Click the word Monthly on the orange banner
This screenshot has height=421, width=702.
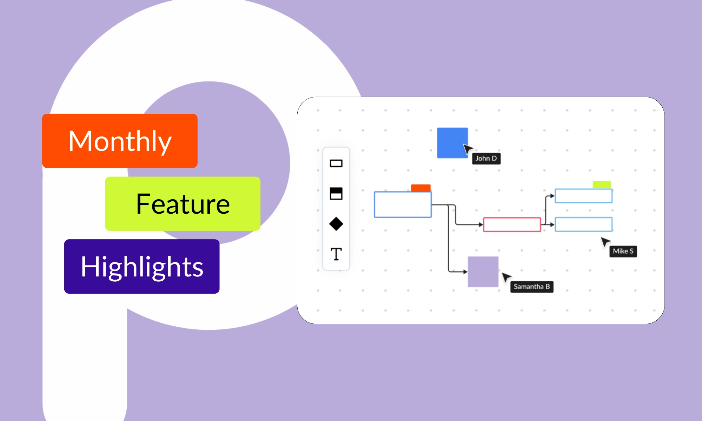120,141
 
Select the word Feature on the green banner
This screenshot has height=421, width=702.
183,204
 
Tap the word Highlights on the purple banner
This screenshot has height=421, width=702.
142,267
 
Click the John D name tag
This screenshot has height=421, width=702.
486,159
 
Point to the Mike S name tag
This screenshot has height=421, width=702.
623,251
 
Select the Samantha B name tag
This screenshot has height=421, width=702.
532,287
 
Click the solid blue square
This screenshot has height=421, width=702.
452,142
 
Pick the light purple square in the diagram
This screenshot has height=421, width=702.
483,272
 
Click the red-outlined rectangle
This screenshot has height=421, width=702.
512,225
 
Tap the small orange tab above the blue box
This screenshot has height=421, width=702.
420,188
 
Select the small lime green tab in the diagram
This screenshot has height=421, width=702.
602,185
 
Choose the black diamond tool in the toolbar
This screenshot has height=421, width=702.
336,224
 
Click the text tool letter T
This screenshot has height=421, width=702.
336,254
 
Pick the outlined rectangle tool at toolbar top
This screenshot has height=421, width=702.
336,163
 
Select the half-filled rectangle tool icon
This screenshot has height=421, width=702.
336,193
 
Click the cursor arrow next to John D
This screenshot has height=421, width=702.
468,149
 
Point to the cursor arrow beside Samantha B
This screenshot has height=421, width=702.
506,277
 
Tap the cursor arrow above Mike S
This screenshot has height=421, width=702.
605,242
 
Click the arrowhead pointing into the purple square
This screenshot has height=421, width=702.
465,272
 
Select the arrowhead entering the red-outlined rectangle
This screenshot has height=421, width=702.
481,225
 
